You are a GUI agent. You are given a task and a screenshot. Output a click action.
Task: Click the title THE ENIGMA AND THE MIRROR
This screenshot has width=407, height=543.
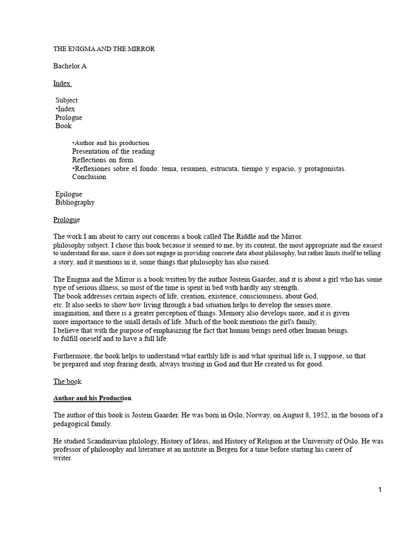coord(104,49)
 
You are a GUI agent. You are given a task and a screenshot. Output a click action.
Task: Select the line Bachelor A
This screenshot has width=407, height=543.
coord(69,66)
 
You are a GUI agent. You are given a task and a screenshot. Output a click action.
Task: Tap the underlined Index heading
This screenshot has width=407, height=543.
coord(61,83)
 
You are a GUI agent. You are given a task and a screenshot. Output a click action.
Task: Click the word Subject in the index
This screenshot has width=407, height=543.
coord(66,100)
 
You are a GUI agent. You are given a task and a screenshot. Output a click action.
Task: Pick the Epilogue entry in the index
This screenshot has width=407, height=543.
coord(69,194)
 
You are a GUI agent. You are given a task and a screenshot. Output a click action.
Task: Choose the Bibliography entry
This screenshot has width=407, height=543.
coord(75,203)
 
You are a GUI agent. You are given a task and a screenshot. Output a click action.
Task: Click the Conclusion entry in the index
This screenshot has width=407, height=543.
coord(89,177)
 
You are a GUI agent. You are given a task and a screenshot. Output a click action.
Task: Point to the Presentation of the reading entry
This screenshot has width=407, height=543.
coord(113,152)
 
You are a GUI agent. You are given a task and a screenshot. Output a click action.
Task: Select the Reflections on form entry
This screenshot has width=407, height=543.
coord(103,160)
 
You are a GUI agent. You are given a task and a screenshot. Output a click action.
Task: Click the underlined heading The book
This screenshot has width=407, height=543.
coord(67,381)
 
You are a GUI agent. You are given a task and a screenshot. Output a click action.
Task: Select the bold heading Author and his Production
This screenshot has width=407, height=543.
coord(92,398)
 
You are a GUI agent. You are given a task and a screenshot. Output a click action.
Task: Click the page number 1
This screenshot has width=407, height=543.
coord(380,489)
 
